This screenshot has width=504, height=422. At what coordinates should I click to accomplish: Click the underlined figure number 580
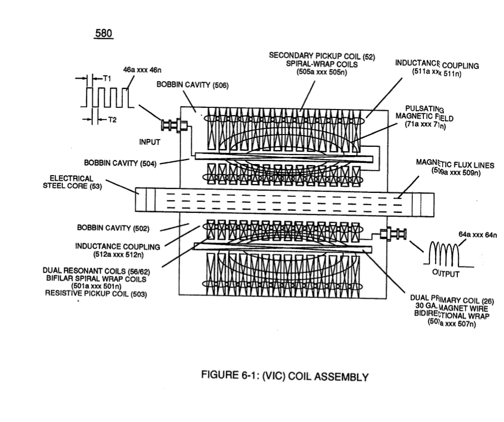point(103,33)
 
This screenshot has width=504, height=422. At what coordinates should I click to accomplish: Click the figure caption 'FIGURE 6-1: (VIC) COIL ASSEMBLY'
point(285,376)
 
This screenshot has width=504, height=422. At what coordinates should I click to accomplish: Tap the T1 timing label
point(107,78)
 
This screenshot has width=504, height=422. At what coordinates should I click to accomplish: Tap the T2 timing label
point(112,120)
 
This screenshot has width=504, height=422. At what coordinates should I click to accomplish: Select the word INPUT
point(149,142)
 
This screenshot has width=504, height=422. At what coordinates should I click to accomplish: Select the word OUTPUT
point(446,274)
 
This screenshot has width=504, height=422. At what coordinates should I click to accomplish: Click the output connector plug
point(393,234)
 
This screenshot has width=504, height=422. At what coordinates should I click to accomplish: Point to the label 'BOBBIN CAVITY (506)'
point(192,85)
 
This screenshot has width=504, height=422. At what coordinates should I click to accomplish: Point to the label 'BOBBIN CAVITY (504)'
point(120,163)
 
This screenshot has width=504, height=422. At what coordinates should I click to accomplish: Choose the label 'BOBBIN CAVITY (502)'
point(113,228)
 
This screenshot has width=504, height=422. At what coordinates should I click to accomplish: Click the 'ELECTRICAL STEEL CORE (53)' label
point(72,182)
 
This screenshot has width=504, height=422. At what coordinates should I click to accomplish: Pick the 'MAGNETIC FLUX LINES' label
point(455,164)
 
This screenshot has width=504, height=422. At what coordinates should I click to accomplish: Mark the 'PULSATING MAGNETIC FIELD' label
point(425,113)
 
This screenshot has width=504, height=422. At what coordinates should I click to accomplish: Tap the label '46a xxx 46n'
point(142,70)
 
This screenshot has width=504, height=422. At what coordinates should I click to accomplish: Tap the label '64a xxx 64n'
point(478,235)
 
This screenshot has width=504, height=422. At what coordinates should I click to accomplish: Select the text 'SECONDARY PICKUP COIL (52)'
point(322,56)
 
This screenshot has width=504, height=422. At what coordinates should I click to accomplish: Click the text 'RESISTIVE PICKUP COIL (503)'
point(96,294)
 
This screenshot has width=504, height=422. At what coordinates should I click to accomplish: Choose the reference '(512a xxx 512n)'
point(118,255)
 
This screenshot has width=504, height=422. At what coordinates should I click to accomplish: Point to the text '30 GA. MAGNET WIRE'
point(452,307)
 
